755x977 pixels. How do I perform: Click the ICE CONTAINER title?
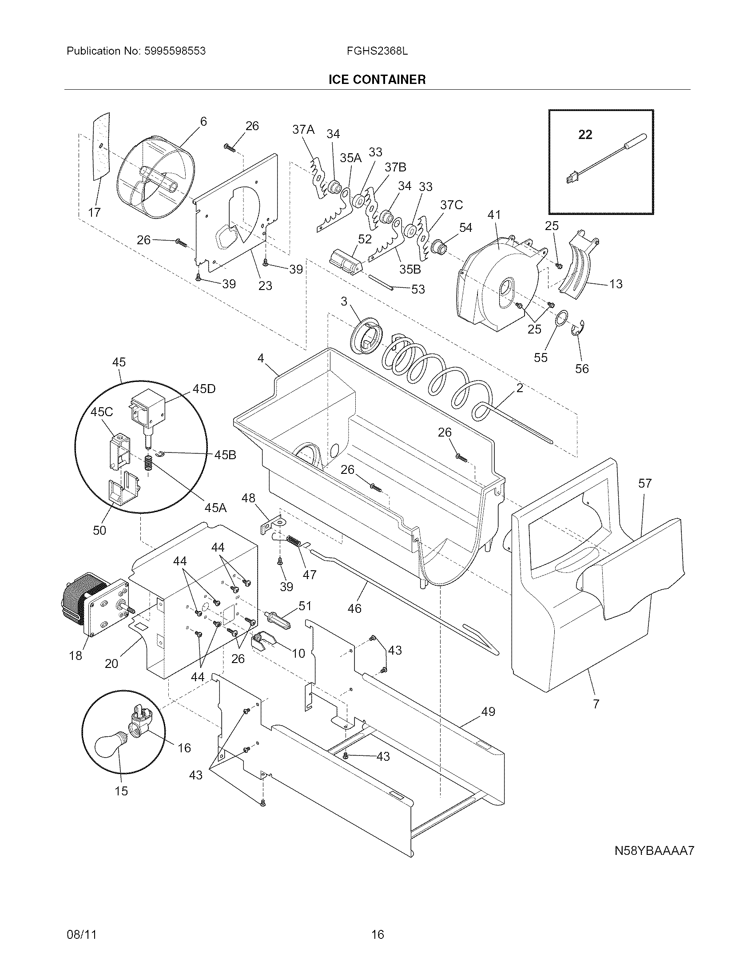[377, 79]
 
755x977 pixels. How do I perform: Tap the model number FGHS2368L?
[377, 51]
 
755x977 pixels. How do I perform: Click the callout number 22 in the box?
[585, 134]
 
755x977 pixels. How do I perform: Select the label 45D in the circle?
[204, 389]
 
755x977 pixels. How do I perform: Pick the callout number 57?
[645, 483]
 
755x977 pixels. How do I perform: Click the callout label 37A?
[303, 130]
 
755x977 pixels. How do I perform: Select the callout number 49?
[489, 711]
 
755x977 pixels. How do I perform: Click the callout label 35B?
[410, 269]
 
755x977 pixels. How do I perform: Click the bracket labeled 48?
[273, 524]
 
